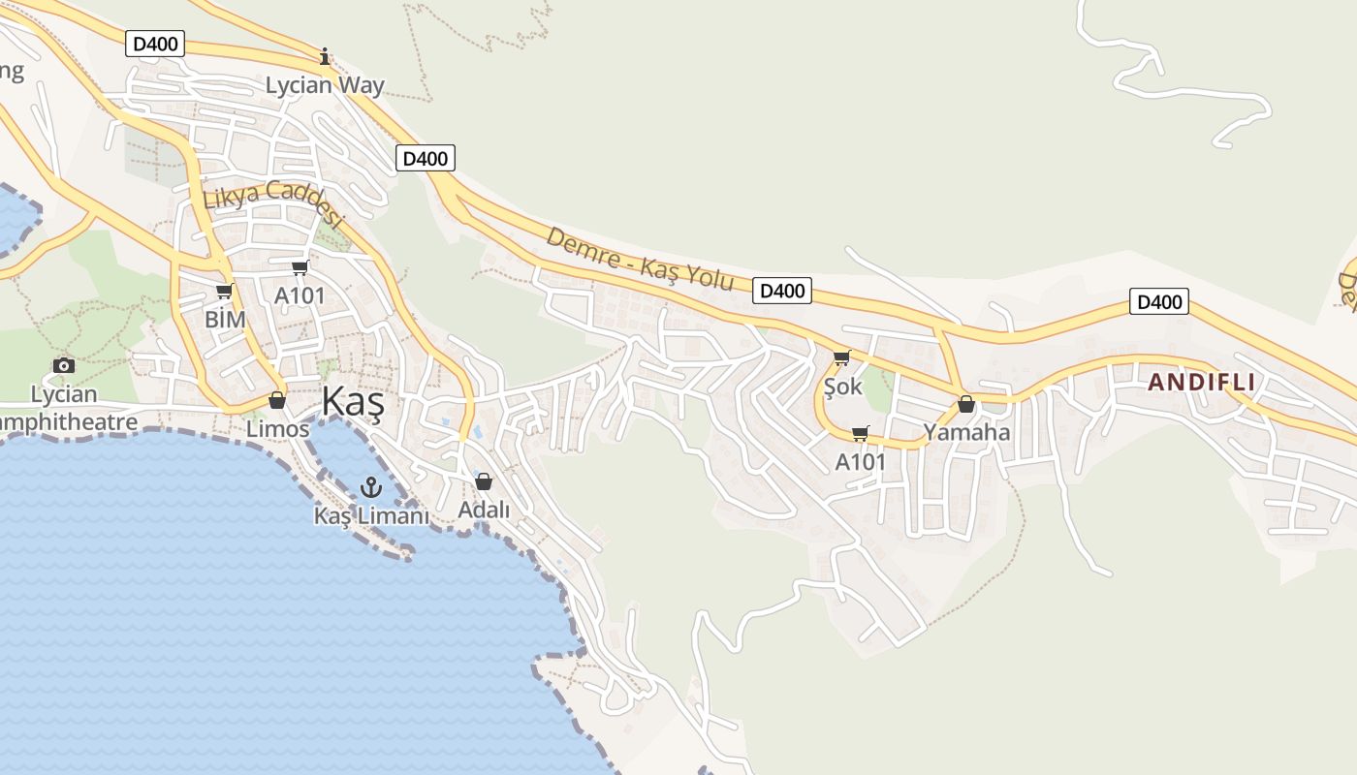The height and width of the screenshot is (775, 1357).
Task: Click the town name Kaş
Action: (352, 401)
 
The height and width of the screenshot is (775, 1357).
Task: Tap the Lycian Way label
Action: (325, 85)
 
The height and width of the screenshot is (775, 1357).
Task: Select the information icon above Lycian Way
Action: (325, 56)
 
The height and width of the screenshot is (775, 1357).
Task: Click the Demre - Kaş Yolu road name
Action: (640, 259)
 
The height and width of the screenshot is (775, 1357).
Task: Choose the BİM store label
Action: (225, 320)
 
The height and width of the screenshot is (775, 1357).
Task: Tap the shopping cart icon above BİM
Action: (225, 291)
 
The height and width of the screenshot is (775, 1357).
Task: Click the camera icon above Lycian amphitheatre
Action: (64, 365)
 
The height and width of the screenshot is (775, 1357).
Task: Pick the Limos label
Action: (277, 428)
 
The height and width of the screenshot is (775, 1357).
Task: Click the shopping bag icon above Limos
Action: (277, 400)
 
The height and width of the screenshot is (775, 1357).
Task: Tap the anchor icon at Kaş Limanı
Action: (370, 486)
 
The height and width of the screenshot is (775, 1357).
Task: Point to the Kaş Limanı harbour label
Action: (370, 515)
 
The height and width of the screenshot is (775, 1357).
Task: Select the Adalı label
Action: (484, 510)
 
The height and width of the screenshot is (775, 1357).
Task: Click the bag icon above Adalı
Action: (484, 480)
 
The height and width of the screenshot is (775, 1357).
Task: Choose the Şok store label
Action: (841, 387)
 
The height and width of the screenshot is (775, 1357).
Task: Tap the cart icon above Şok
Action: (841, 358)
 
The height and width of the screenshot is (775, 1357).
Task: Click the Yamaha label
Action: (966, 432)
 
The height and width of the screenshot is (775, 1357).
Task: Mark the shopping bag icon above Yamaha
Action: (966, 404)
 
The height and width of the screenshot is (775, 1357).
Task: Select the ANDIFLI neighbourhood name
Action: (1202, 383)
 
